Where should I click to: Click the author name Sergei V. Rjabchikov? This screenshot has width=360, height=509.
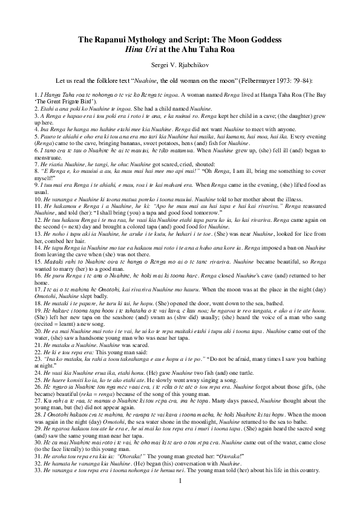[180, 63]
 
